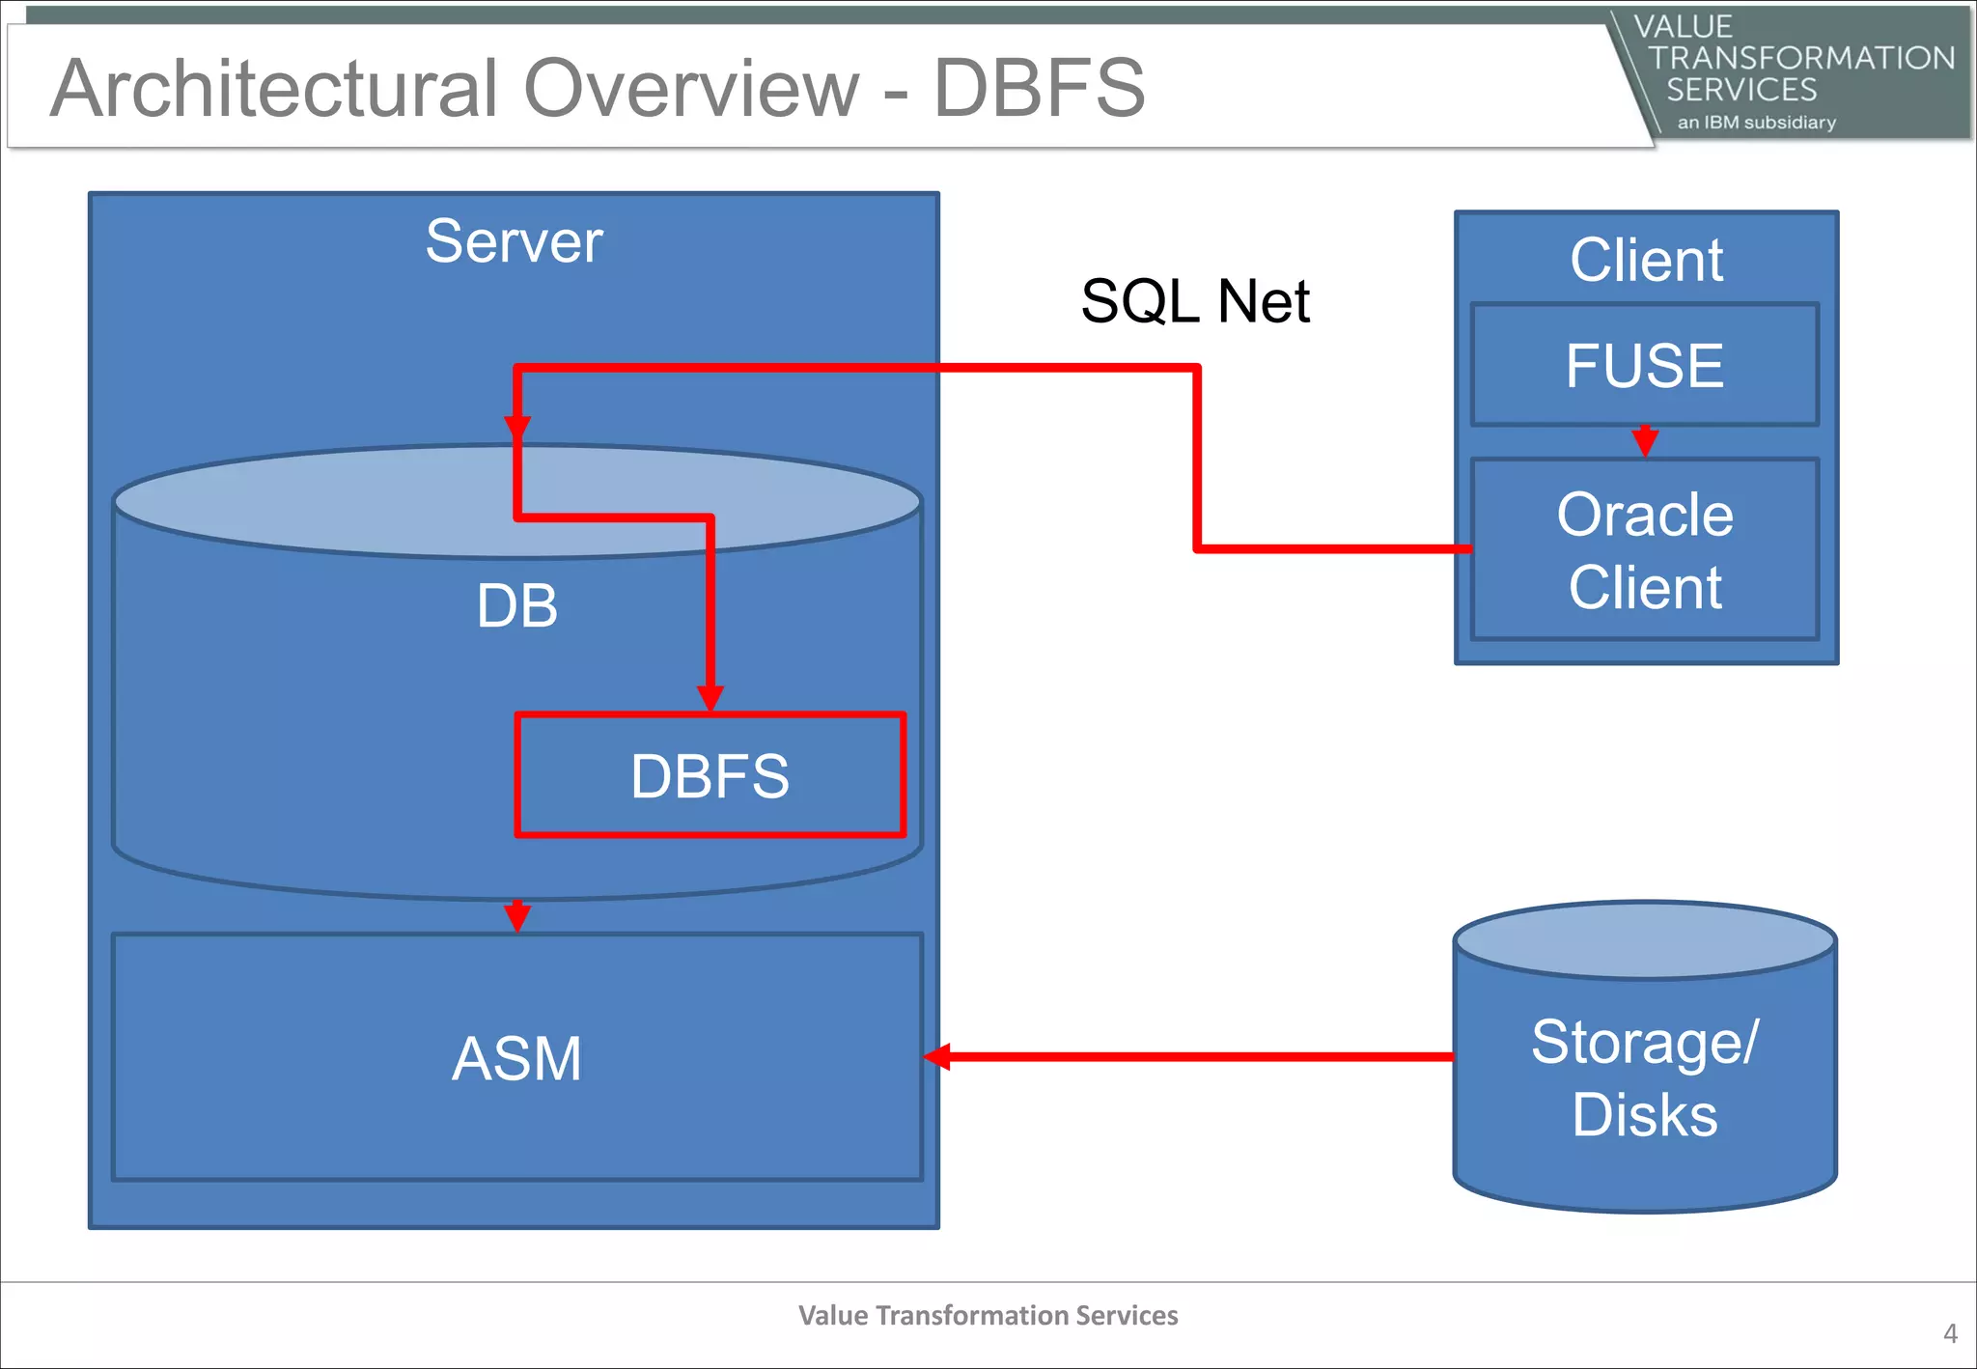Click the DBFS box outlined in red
(x=710, y=775)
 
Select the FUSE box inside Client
(x=1644, y=365)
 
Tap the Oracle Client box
(x=1644, y=549)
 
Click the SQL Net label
(x=1194, y=301)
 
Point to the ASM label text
(x=516, y=1058)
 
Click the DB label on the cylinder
(x=516, y=606)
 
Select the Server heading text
(x=514, y=241)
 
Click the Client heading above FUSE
(x=1646, y=260)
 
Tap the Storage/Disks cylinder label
(x=1644, y=1078)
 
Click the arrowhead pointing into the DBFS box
(x=710, y=698)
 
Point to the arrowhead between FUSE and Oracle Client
(x=1645, y=442)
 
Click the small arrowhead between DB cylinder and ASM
(x=517, y=917)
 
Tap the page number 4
(x=1950, y=1333)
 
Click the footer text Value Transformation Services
(x=988, y=1315)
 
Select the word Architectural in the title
(x=274, y=89)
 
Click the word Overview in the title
(x=691, y=89)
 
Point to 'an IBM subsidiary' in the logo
(x=1756, y=123)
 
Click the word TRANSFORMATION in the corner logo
(x=1800, y=58)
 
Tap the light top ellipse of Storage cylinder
(x=1644, y=939)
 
